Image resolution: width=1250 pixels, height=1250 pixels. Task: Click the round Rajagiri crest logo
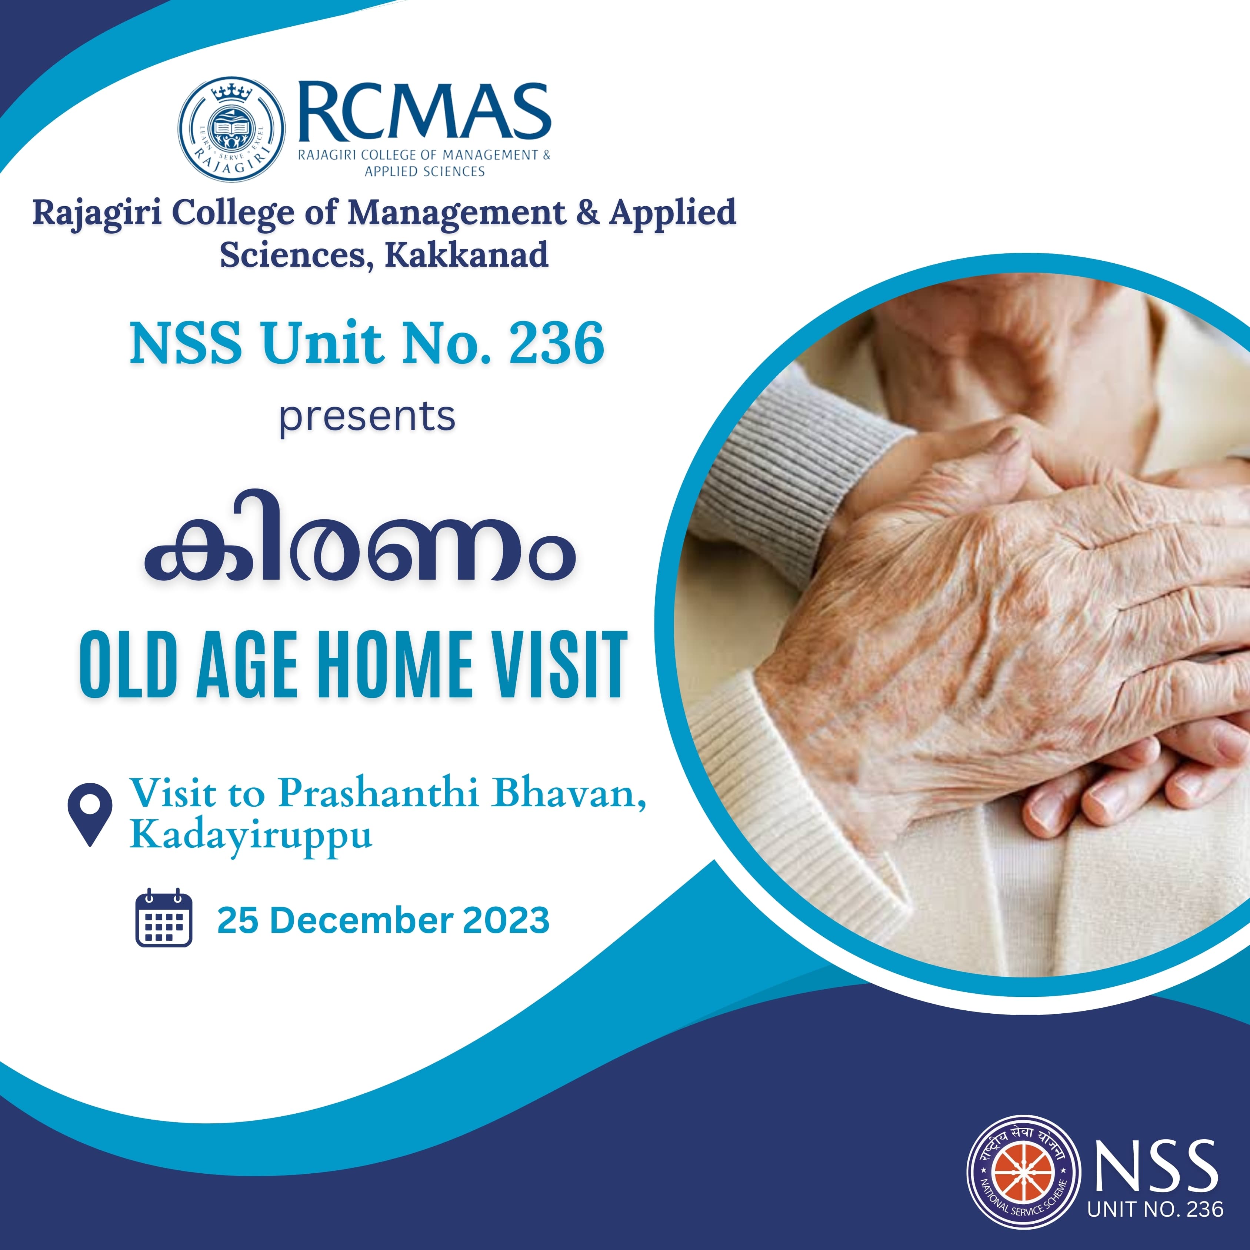231,129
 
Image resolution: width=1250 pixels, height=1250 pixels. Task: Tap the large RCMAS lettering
424,111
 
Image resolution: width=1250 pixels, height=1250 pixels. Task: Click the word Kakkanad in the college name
467,254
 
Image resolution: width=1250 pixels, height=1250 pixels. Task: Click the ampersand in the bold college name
587,213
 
